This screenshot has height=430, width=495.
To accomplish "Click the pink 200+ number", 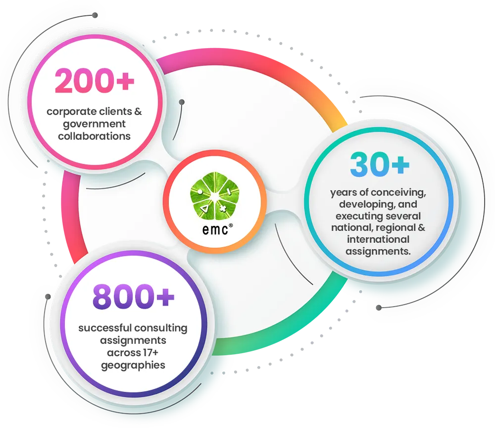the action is [x=95, y=81].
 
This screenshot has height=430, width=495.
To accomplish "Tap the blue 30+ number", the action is [x=380, y=164].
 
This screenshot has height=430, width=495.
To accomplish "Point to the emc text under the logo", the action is [x=215, y=230].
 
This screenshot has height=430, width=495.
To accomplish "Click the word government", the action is [x=94, y=124].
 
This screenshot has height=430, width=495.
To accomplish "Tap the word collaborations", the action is [x=94, y=136].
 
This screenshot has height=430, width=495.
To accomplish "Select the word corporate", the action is [x=72, y=112].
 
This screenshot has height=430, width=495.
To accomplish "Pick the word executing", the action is [x=356, y=216].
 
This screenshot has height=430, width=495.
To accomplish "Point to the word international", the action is [x=378, y=239].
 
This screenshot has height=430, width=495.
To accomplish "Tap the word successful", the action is [x=105, y=328].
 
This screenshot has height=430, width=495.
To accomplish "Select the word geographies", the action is [x=133, y=366].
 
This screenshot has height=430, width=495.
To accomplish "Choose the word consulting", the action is [x=161, y=328].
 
